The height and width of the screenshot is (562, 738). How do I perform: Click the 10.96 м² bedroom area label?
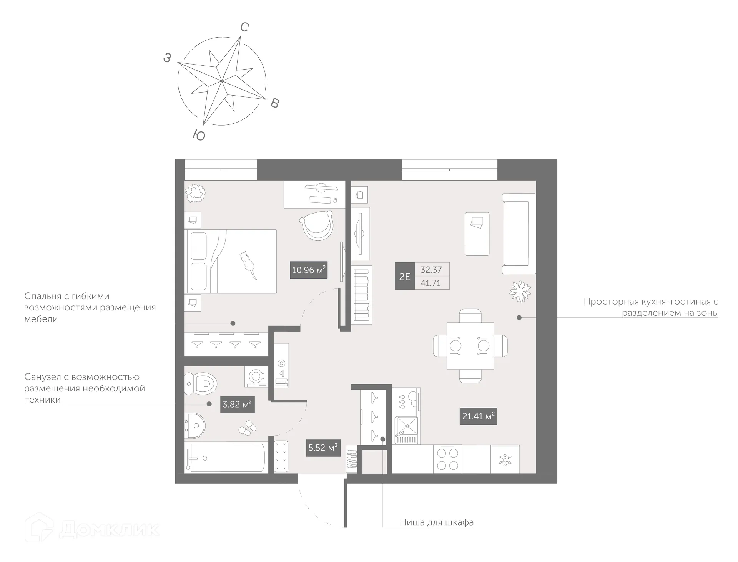click(x=308, y=270)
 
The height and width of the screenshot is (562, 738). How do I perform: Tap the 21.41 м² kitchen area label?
click(x=478, y=416)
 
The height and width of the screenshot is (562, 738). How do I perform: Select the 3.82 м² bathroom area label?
click(x=237, y=404)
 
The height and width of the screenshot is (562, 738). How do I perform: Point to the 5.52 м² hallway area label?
click(x=323, y=448)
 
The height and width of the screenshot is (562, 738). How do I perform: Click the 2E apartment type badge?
click(x=404, y=276)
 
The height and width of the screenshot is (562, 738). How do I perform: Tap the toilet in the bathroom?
click(x=201, y=383)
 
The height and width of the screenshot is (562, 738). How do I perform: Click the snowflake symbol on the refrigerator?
click(x=505, y=460)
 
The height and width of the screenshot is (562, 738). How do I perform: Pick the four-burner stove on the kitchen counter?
click(x=447, y=459)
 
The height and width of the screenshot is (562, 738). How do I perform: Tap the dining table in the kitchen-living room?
click(x=470, y=346)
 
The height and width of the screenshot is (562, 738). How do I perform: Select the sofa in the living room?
click(x=519, y=234)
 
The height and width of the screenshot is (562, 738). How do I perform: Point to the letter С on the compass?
click(x=244, y=27)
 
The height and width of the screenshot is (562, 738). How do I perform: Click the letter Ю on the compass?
click(x=199, y=135)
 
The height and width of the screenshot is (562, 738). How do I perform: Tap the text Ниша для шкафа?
click(x=436, y=522)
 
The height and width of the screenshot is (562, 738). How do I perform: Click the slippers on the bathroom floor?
click(x=248, y=428)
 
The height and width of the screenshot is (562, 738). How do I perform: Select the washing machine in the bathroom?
click(x=256, y=376)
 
